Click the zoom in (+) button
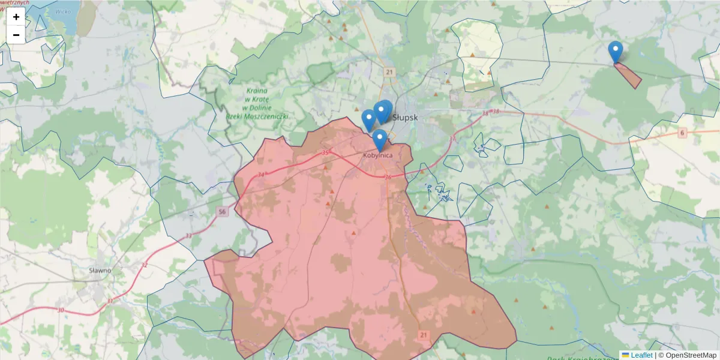coord(16,17)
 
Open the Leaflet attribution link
coord(641,355)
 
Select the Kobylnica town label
coord(379,155)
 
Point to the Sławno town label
coord(100,270)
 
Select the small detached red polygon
coord(628,75)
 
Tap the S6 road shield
coord(682,132)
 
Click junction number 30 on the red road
coord(61,310)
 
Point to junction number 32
coord(144,265)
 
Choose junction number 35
coord(326,153)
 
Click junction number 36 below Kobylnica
coord(388,177)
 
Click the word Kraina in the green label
coord(256,91)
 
